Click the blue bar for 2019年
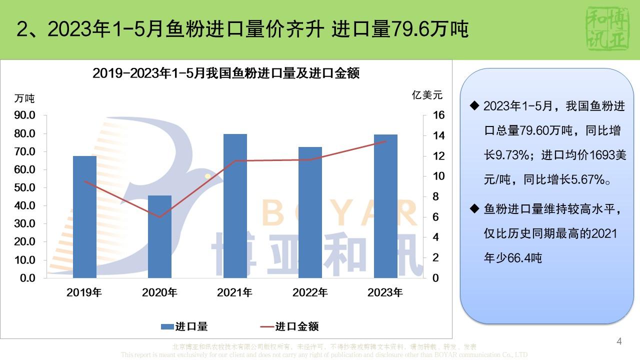pyautogui.click(x=84, y=217)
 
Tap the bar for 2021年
pyautogui.click(x=235, y=206)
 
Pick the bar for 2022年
pyautogui.click(x=310, y=212)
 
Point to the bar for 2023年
pyautogui.click(x=385, y=206)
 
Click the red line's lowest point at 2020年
pyautogui.click(x=160, y=217)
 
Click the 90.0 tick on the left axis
pyautogui.click(x=23, y=115)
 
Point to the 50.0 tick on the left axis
pyautogui.click(x=23, y=188)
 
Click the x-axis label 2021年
pyautogui.click(x=234, y=293)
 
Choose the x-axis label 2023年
pyautogui.click(x=385, y=293)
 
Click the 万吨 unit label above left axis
pyautogui.click(x=24, y=98)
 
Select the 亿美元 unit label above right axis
pyautogui.click(x=427, y=95)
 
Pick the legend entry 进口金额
pyautogui.click(x=289, y=327)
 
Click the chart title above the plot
pyautogui.click(x=226, y=73)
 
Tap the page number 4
pyautogui.click(x=619, y=342)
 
